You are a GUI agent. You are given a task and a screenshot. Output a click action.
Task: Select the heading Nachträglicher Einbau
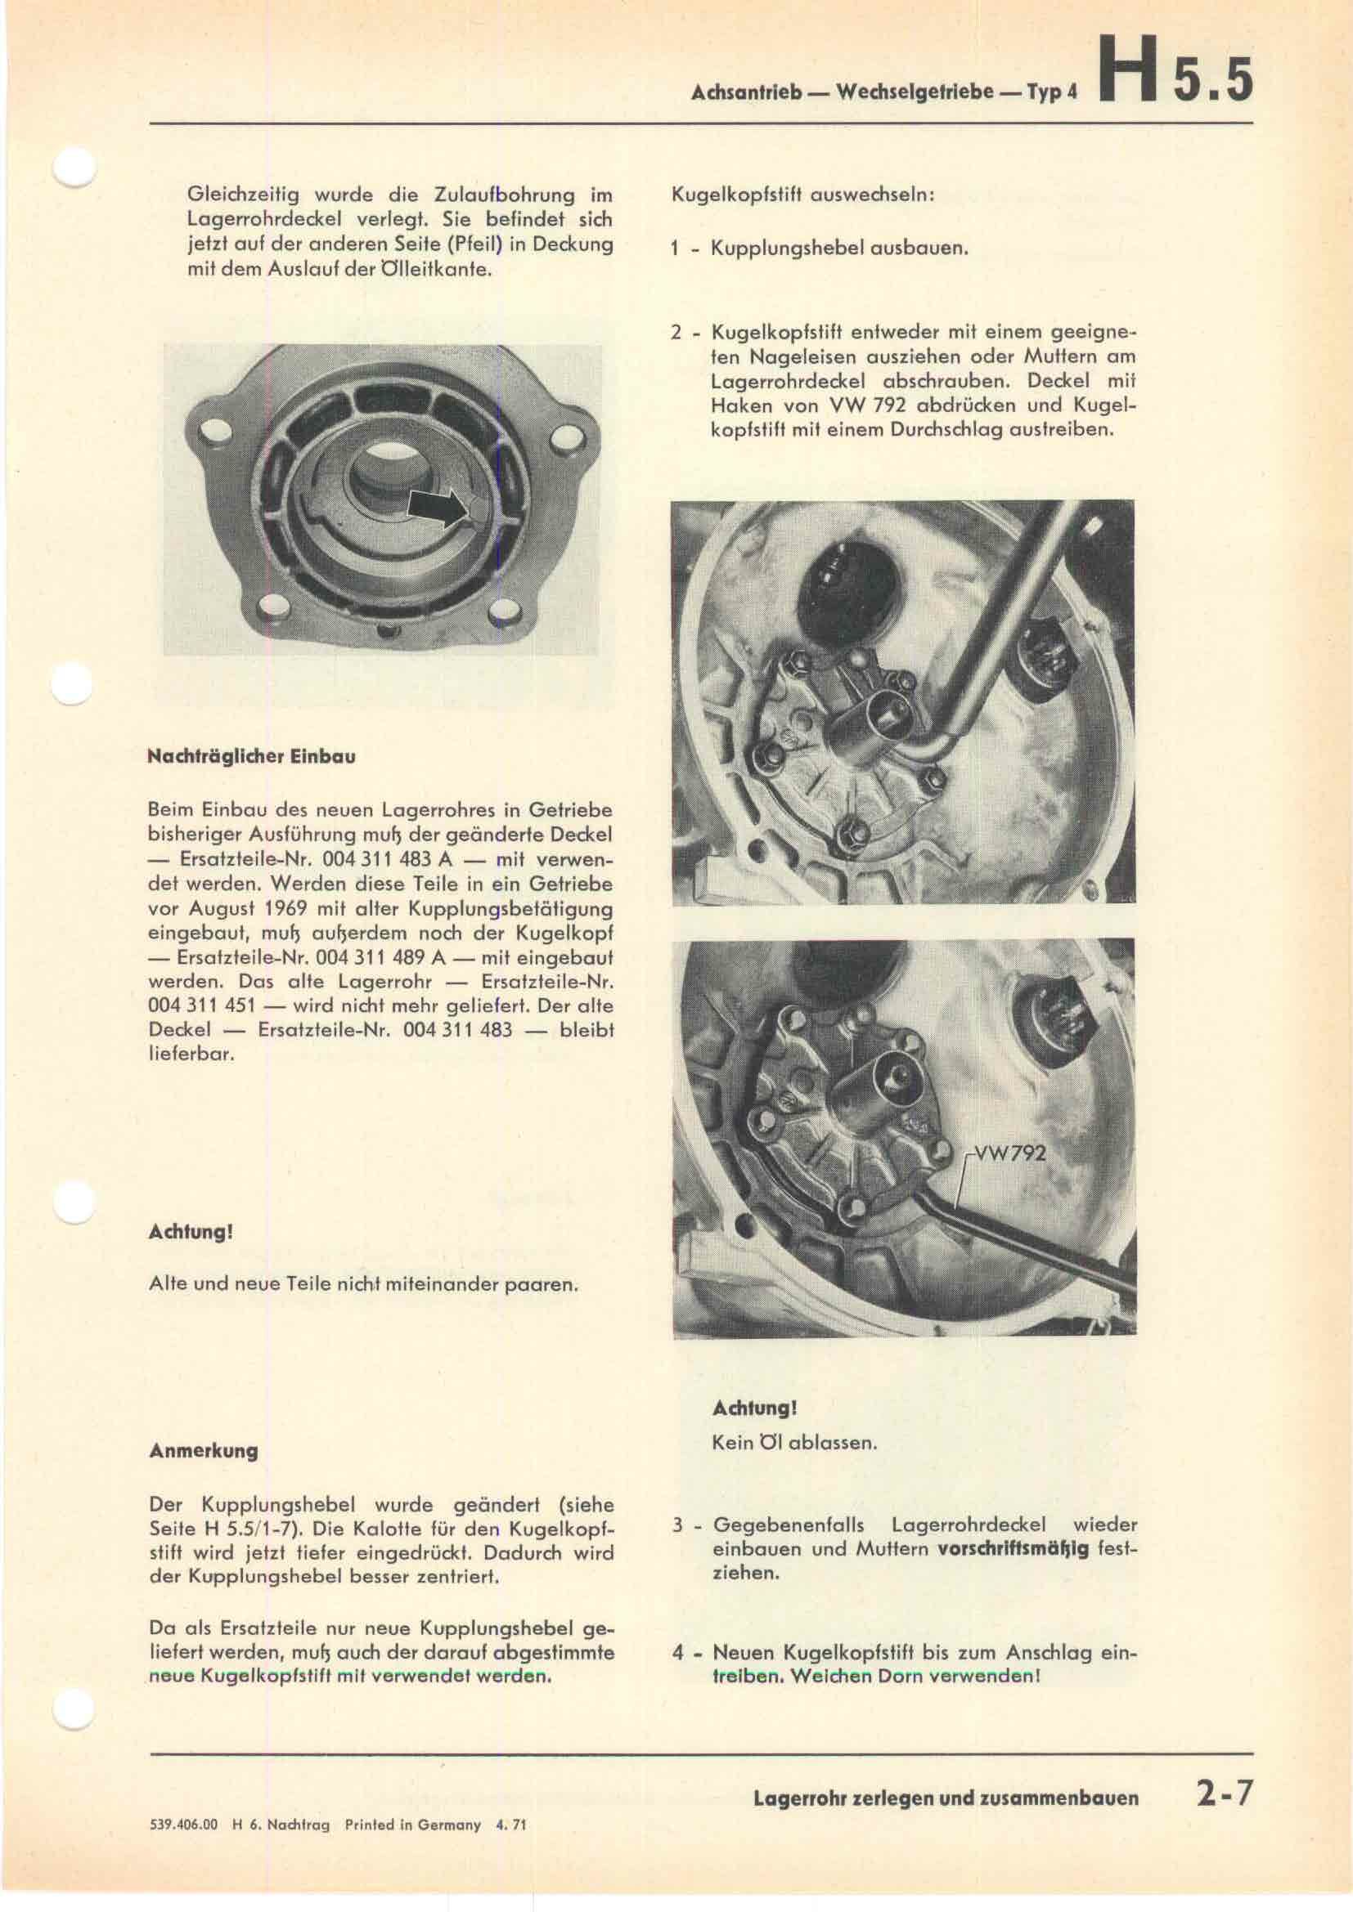click(252, 759)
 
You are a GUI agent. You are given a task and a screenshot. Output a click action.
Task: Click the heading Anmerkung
click(204, 1451)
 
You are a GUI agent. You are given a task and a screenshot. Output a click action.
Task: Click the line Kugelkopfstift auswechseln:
click(803, 197)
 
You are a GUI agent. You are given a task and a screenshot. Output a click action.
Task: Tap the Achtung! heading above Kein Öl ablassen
click(755, 1408)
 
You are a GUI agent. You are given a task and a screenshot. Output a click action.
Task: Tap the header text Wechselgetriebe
click(915, 91)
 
